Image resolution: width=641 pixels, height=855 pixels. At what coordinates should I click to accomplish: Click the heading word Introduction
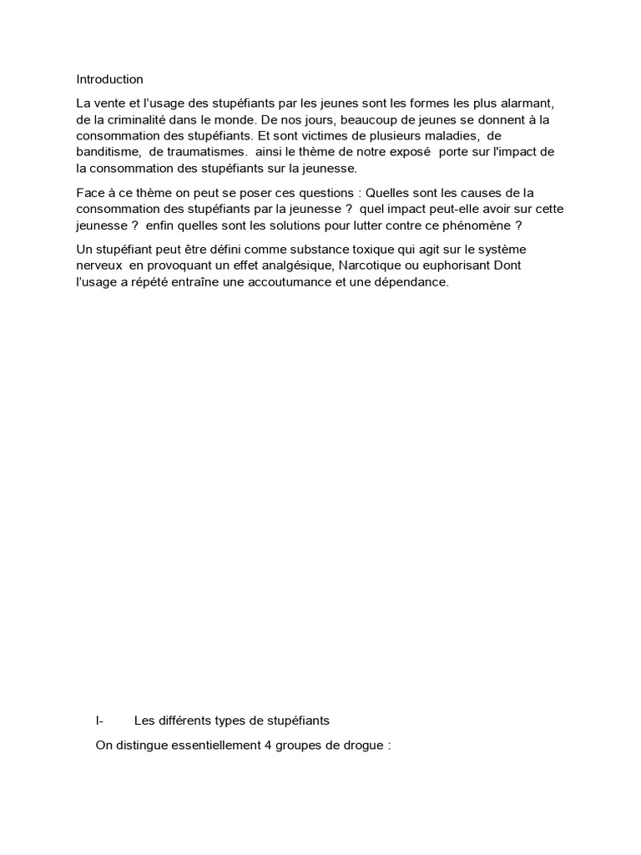coord(109,79)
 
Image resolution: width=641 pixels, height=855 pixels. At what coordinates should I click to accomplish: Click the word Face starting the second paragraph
coord(88,193)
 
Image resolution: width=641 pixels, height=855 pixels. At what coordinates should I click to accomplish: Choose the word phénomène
coord(475,226)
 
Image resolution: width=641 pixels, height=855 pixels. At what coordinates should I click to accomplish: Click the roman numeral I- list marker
coord(99,721)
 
